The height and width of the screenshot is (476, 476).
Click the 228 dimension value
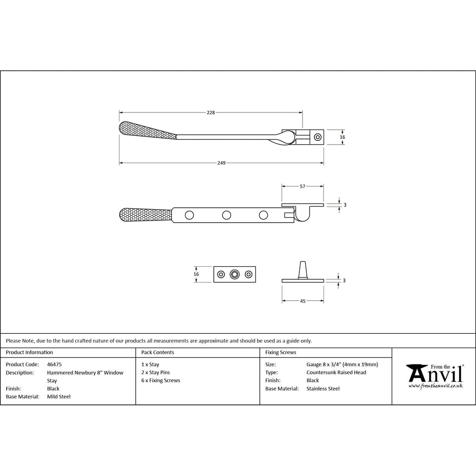[211, 112]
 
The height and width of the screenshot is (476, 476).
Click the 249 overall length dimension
[221, 163]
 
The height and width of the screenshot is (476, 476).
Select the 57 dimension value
[302, 186]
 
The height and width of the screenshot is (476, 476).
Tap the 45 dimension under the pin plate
[303, 301]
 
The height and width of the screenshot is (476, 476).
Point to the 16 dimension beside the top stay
[343, 137]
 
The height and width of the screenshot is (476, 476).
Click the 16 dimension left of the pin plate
[196, 274]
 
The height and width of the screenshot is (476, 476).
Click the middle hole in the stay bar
[226, 215]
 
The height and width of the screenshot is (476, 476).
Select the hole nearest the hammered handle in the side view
[189, 215]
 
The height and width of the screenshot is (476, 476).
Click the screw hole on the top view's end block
[317, 137]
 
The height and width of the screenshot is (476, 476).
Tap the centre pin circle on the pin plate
[234, 274]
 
